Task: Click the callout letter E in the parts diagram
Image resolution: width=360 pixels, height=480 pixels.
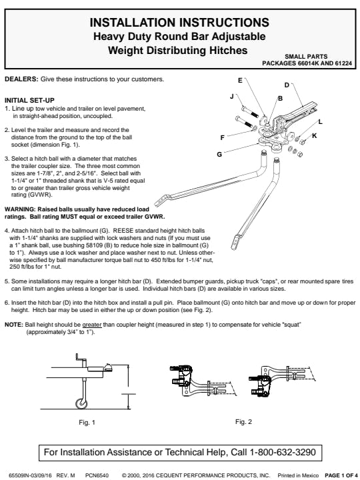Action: pyautogui.click(x=240, y=80)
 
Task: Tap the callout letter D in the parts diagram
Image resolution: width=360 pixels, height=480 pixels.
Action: pyautogui.click(x=287, y=85)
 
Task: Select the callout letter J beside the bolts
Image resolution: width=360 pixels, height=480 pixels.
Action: pyautogui.click(x=232, y=97)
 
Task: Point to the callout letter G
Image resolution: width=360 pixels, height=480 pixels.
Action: pyautogui.click(x=219, y=154)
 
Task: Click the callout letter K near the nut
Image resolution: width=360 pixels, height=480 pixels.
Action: pyautogui.click(x=315, y=135)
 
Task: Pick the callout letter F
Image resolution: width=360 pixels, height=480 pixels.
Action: pyautogui.click(x=222, y=138)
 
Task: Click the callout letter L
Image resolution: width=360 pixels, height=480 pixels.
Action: pyautogui.click(x=320, y=122)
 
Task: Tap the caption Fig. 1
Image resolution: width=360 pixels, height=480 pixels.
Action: pyautogui.click(x=87, y=423)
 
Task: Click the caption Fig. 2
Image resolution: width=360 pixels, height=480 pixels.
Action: pyautogui.click(x=244, y=422)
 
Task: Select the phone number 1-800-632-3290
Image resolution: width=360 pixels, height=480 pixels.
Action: pyautogui.click(x=283, y=452)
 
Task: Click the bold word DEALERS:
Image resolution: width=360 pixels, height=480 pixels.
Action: pyautogui.click(x=21, y=79)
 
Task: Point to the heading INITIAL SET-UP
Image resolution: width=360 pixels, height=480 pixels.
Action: pyautogui.click(x=29, y=101)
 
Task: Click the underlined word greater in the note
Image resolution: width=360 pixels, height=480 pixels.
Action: pyautogui.click(x=92, y=325)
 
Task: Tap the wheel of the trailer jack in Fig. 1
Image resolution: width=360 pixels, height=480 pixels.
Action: pyautogui.click(x=81, y=403)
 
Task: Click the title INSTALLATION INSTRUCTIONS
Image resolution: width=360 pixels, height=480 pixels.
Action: pyautogui.click(x=179, y=23)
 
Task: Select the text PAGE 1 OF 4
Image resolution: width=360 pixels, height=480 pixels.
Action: pyautogui.click(x=341, y=475)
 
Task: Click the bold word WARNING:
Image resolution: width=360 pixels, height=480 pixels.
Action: pyautogui.click(x=20, y=209)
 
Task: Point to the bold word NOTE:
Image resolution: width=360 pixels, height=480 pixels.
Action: pyautogui.click(x=14, y=325)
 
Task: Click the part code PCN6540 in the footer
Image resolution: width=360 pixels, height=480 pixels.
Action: pyautogui.click(x=97, y=475)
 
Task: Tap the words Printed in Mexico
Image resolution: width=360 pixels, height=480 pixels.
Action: pyautogui.click(x=298, y=475)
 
